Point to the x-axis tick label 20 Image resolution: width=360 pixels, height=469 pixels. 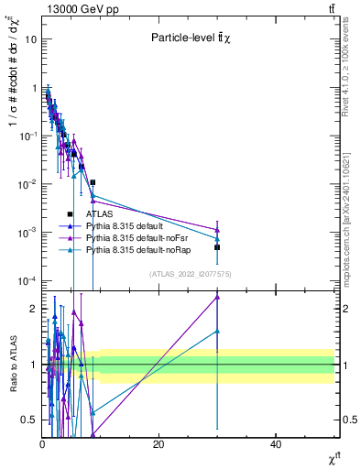tap(158, 444)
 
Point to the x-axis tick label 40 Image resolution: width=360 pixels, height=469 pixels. tap(276, 444)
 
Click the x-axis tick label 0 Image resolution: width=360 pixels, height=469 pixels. tap(42, 444)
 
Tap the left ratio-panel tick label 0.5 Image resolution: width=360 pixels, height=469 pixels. tap(29, 420)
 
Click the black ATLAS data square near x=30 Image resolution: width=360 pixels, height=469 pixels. tap(217, 247)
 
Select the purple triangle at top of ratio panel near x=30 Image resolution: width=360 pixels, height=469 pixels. tap(217, 297)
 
